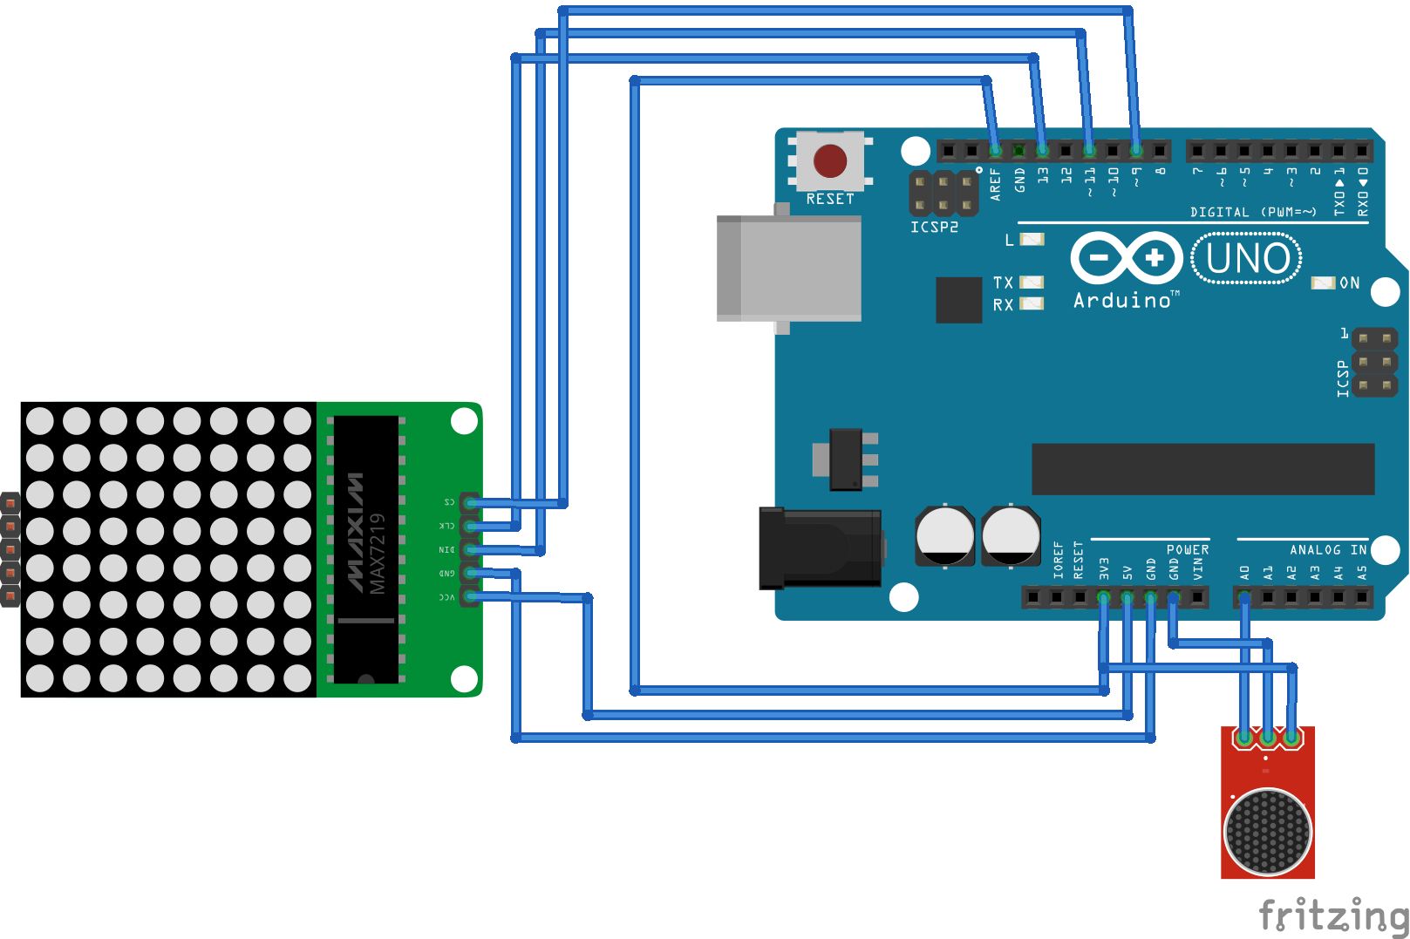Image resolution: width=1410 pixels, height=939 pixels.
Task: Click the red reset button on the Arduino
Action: [x=829, y=161]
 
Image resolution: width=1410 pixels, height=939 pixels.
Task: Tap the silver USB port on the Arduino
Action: [x=788, y=269]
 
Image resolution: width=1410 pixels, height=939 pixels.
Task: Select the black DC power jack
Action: [x=820, y=548]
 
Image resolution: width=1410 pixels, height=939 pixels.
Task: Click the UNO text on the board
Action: [x=1247, y=259]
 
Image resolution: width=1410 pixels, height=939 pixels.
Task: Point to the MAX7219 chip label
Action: [x=377, y=554]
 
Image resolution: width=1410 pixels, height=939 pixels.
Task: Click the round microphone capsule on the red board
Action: [x=1267, y=832]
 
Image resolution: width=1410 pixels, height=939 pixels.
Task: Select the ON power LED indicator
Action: [x=1323, y=283]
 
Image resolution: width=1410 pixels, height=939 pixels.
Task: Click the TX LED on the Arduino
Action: [x=1032, y=282]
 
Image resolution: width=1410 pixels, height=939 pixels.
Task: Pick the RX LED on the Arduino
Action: [x=1032, y=304]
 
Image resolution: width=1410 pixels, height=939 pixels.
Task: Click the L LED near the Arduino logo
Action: [x=1032, y=239]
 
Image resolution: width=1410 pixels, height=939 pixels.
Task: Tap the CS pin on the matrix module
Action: [x=470, y=502]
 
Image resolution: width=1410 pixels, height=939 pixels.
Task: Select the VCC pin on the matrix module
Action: [x=470, y=596]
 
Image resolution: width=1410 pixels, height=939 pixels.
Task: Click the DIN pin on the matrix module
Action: [x=470, y=549]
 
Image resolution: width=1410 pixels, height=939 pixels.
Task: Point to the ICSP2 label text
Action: [x=934, y=228]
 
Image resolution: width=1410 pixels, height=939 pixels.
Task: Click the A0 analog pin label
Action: [x=1244, y=573]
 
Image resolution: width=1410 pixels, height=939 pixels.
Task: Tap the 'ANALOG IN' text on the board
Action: [x=1328, y=550]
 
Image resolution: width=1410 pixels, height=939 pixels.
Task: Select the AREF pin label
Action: [x=995, y=185]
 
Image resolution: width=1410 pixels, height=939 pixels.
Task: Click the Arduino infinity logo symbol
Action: [x=1126, y=258]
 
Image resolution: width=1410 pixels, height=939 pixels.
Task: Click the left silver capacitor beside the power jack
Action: [x=944, y=535]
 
